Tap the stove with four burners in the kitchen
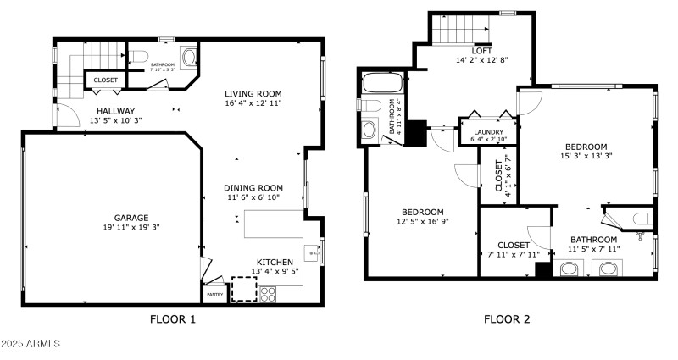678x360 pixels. coord(268,295)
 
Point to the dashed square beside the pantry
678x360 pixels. coord(244,290)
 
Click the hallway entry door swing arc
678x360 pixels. coord(61,114)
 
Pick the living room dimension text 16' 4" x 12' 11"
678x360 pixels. coord(253,103)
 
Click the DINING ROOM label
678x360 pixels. coord(253,187)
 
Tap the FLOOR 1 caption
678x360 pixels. coord(173,320)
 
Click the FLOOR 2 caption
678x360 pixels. coord(507,320)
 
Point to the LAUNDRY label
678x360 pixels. coord(488,132)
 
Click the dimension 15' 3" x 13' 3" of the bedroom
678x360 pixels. coord(586,156)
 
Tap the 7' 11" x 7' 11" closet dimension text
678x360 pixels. coord(514,254)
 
